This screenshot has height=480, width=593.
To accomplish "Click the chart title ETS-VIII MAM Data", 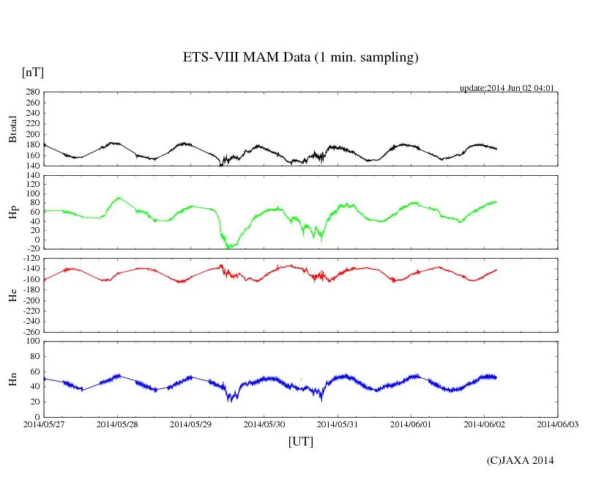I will pos(300,57).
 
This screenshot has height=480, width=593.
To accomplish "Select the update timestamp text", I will pos(507,88).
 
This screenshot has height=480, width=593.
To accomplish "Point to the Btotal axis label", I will pos(12,129).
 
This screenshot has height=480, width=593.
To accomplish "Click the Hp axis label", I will pos(12,213).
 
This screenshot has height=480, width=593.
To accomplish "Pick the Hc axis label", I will pos(12,295).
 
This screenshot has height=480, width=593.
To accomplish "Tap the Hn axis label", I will pos(12,379).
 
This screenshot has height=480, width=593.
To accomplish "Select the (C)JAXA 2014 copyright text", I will pos(521,460).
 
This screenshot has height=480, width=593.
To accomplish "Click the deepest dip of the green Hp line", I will pos(228,248).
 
